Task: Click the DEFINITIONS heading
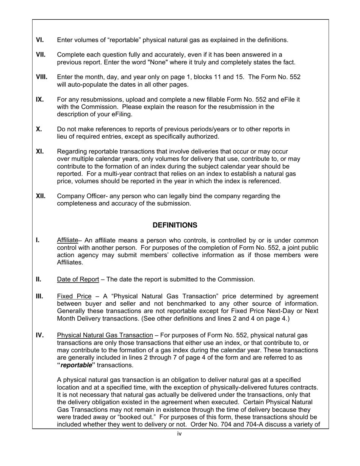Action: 175,225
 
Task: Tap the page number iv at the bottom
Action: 180,434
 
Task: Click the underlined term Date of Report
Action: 78,280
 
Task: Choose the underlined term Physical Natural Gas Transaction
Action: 105,335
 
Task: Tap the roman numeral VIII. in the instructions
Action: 42,77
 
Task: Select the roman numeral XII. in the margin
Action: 41,196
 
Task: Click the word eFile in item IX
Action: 284,100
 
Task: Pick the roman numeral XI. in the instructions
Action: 40,152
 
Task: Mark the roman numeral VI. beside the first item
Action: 40,40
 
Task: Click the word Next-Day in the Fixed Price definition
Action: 260,311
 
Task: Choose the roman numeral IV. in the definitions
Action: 40,335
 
